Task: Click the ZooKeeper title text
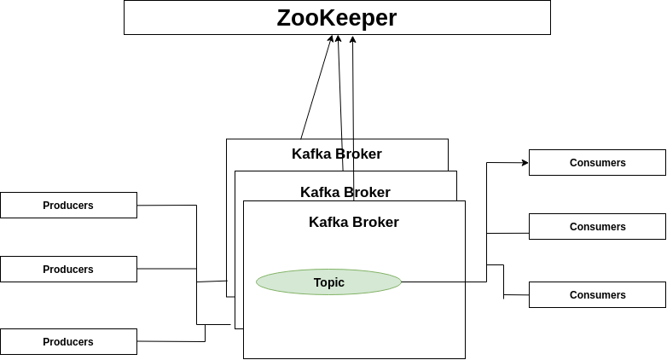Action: click(x=337, y=18)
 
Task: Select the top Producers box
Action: click(x=68, y=205)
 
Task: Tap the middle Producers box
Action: click(x=68, y=269)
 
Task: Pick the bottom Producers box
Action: click(x=68, y=341)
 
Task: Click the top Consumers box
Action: click(x=597, y=162)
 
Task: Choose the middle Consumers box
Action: click(x=597, y=226)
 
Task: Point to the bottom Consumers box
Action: click(x=597, y=294)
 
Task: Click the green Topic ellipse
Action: click(x=328, y=282)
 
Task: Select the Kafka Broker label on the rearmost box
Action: click(x=337, y=154)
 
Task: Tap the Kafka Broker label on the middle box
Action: click(x=345, y=192)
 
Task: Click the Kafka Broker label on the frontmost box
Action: click(x=354, y=222)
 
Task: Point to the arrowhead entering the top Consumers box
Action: click(x=525, y=162)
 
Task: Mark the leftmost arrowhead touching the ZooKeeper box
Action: click(x=330, y=39)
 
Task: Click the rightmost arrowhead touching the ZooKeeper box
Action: click(x=352, y=39)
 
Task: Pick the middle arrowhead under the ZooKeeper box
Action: click(x=339, y=39)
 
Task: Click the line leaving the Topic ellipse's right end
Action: click(x=444, y=282)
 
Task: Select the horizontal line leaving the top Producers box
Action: click(x=166, y=205)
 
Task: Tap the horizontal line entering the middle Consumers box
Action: click(x=507, y=233)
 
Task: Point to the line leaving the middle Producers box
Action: click(x=166, y=269)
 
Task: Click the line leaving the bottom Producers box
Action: click(x=171, y=341)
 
